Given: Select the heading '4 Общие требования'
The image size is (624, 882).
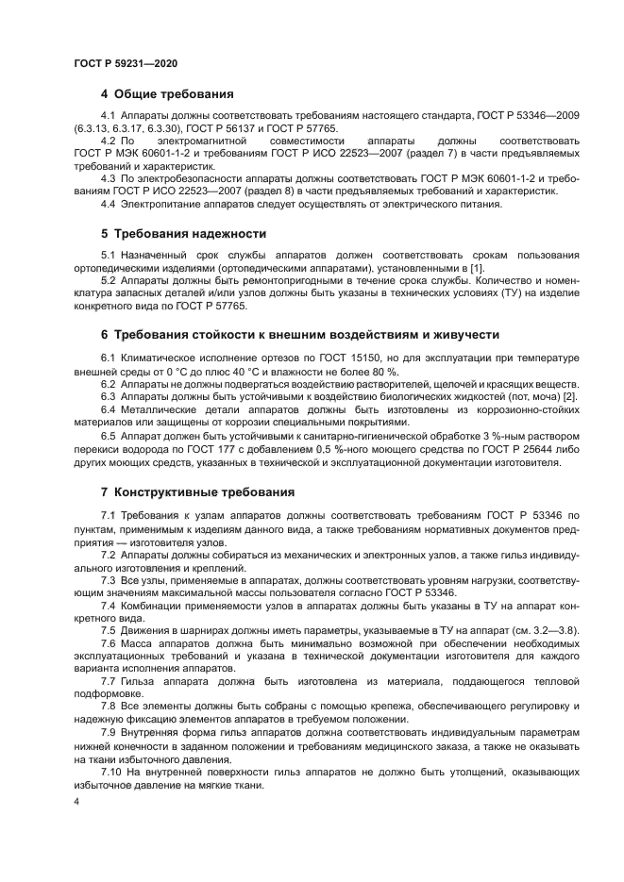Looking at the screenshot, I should pyautogui.click(x=167, y=94).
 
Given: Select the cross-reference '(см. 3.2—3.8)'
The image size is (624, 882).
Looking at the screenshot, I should pyautogui.click(x=545, y=630).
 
